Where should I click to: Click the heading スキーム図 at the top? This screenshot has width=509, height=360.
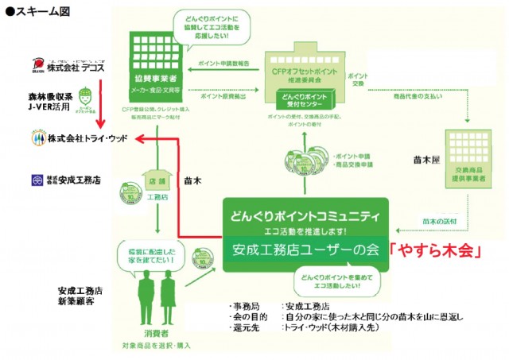click(39, 11)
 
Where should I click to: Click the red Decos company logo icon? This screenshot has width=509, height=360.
click(37, 64)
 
